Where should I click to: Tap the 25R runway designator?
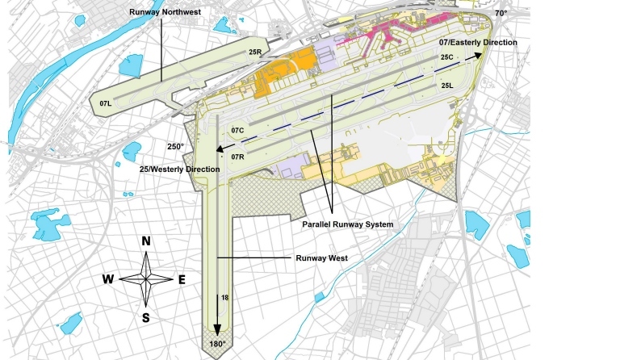point(255,52)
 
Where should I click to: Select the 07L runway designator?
point(105,104)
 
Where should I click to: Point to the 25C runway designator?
point(447,58)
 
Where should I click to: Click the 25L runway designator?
point(447,85)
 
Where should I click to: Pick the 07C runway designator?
point(237,130)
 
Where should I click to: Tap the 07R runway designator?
point(237,156)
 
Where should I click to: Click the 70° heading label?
point(501,14)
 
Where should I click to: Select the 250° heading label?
point(176,146)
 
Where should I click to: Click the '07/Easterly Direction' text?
point(478,41)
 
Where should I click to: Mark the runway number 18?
point(225,299)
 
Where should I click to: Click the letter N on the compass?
point(146,241)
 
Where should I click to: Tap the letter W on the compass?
point(107,279)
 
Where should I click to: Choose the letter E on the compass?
point(182,279)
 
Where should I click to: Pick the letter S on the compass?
point(146,317)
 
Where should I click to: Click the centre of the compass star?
point(146,278)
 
